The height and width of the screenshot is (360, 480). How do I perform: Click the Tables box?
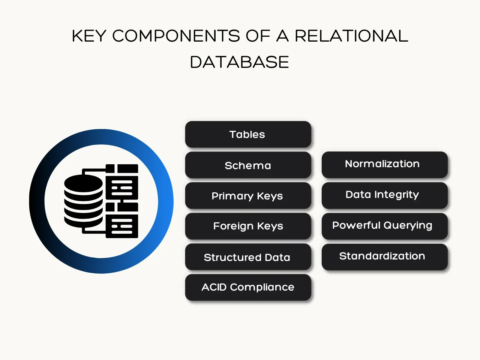[x=248, y=134]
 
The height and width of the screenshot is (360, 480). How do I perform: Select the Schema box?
[x=248, y=165]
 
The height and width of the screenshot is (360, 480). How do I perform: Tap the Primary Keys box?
[x=248, y=196]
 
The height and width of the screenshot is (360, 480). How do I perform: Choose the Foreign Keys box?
[x=248, y=226]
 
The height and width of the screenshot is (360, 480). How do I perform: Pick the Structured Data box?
[x=248, y=257]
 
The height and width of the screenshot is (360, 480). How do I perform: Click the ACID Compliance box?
[x=248, y=287]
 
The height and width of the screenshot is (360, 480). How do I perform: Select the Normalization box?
[x=384, y=165]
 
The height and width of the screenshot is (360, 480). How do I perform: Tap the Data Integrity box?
[x=384, y=195]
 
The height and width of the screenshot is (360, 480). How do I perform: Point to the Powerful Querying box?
[x=384, y=226]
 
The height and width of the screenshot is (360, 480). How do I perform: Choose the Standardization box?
[x=384, y=257]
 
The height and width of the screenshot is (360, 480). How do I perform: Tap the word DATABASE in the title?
[x=239, y=62]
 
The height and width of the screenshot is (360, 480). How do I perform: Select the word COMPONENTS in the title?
[x=176, y=36]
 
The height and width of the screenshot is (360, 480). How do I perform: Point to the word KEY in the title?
[x=89, y=36]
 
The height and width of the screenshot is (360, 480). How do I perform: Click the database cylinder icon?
[x=83, y=201]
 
